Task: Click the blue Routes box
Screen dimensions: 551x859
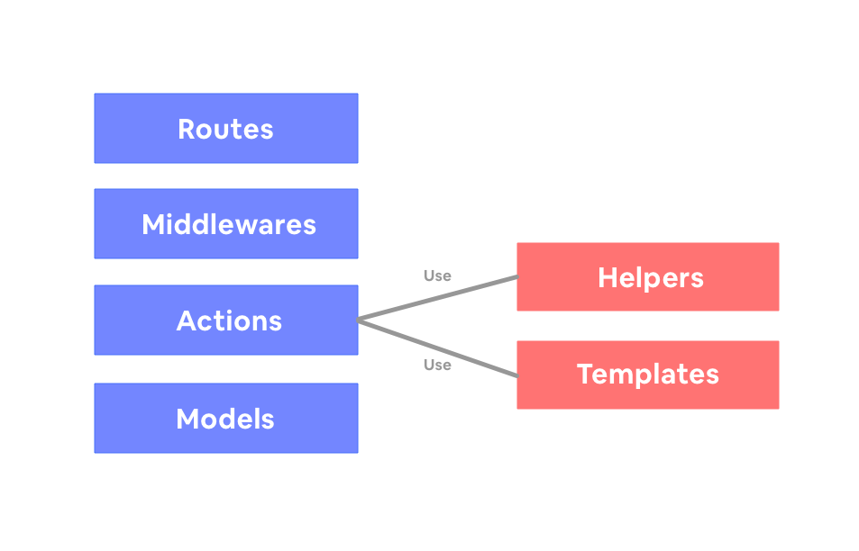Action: click(x=225, y=128)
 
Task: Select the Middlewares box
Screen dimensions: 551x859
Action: click(x=225, y=223)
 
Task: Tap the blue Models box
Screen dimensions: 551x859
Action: click(x=225, y=418)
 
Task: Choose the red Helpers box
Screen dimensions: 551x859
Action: click(x=647, y=276)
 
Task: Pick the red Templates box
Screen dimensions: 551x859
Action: click(x=647, y=375)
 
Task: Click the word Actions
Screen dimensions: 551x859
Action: click(x=229, y=321)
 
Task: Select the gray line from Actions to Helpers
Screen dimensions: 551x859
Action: click(x=437, y=298)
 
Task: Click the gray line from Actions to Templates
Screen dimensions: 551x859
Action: click(x=437, y=347)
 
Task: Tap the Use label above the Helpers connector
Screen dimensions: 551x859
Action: click(x=437, y=275)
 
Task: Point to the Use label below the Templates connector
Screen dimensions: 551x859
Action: click(x=437, y=365)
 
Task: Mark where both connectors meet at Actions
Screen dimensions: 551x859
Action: click(x=359, y=320)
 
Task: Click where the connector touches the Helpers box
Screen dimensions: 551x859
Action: click(x=516, y=277)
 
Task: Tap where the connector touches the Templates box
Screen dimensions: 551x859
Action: click(x=516, y=375)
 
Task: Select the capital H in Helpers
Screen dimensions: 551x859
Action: click(x=607, y=277)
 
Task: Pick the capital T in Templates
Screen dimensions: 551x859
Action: click(x=585, y=374)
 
